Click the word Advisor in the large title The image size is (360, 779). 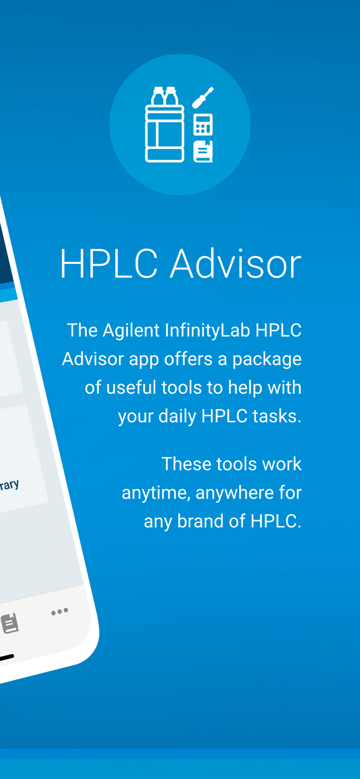coord(235,264)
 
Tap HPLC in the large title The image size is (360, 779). coord(109,264)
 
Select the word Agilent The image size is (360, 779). coord(131,330)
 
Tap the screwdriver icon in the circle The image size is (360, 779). coord(203,98)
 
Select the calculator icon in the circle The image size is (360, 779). coord(203,125)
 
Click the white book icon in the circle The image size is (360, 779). coord(203,151)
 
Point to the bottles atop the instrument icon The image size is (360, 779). coord(165,96)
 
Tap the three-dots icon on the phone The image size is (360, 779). coord(60,611)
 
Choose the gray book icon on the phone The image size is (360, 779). coord(10,623)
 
